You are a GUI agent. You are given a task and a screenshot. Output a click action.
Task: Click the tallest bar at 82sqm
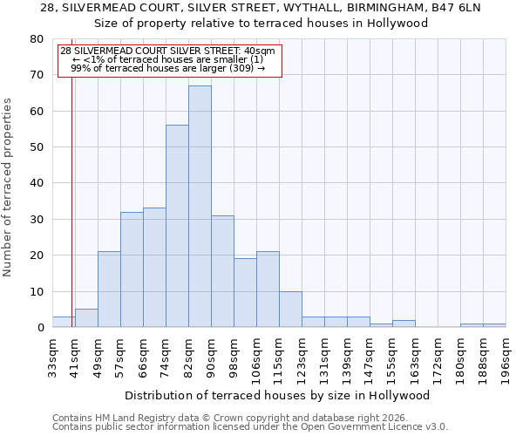[200, 207]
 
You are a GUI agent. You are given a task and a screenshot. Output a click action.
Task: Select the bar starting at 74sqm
[177, 227]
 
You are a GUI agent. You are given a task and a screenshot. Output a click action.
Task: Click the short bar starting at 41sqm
[86, 318]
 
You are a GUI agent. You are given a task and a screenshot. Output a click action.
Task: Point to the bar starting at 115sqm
[290, 310]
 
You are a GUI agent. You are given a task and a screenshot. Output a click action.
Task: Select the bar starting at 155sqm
[404, 324]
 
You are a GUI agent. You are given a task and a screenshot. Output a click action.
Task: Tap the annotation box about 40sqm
[170, 60]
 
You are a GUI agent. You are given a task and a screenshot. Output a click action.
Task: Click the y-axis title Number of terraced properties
[9, 187]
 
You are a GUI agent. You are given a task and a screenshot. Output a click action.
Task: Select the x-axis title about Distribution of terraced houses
[277, 395]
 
